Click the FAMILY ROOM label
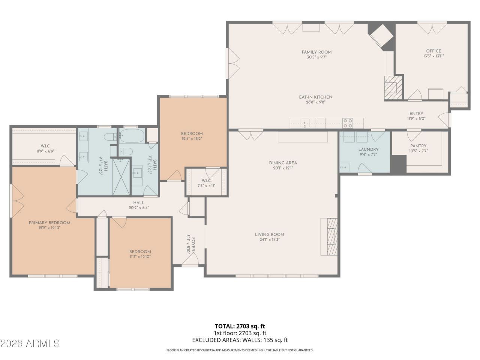pyautogui.click(x=316, y=52)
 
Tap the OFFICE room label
pyautogui.click(x=433, y=51)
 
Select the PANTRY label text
pyautogui.click(x=418, y=146)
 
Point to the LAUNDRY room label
pyautogui.click(x=368, y=149)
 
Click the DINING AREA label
pyautogui.click(x=283, y=163)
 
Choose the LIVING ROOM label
pyautogui.click(x=269, y=234)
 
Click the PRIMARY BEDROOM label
pyautogui.click(x=49, y=222)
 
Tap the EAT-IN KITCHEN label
pyautogui.click(x=315, y=97)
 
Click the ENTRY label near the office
pyautogui.click(x=416, y=114)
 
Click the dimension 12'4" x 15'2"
pyautogui.click(x=192, y=138)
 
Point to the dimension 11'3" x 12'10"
pyautogui.click(x=140, y=256)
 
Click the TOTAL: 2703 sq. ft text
pyautogui.click(x=240, y=326)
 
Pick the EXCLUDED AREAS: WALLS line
pyautogui.click(x=240, y=340)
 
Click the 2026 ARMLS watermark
pyautogui.click(x=30, y=343)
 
